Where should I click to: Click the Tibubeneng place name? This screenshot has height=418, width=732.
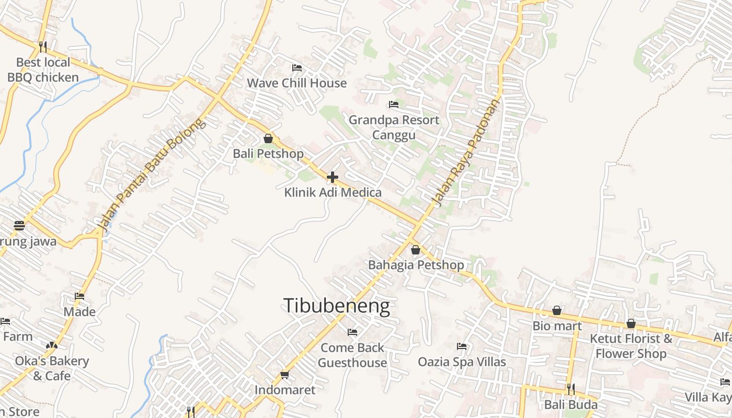[337, 306]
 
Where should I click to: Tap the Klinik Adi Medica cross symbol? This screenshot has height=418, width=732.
[332, 178]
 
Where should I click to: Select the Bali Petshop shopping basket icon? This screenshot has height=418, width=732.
[268, 138]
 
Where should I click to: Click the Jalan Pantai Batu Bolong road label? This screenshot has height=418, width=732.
[152, 175]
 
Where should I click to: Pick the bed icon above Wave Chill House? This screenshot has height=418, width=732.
[297, 68]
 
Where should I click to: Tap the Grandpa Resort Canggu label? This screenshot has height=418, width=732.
[394, 127]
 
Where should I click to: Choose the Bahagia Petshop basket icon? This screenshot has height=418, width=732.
[416, 250]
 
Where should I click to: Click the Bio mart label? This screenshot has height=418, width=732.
[557, 326]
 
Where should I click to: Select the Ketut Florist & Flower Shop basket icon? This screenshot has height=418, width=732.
[631, 323]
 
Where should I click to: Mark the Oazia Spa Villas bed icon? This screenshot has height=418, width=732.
[461, 346]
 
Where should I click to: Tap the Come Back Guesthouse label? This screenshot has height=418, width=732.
[352, 355]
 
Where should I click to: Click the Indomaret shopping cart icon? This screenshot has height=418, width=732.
[285, 375]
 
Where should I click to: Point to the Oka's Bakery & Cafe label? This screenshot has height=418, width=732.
[52, 368]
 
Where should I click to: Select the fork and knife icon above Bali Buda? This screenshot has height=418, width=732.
[571, 389]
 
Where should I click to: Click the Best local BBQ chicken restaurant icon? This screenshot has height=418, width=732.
[43, 47]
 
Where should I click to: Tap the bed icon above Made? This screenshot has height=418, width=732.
[79, 296]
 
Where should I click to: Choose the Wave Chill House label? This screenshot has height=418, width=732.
[296, 83]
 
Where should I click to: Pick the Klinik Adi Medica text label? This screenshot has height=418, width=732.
[333, 192]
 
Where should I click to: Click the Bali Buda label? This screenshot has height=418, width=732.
[571, 405]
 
